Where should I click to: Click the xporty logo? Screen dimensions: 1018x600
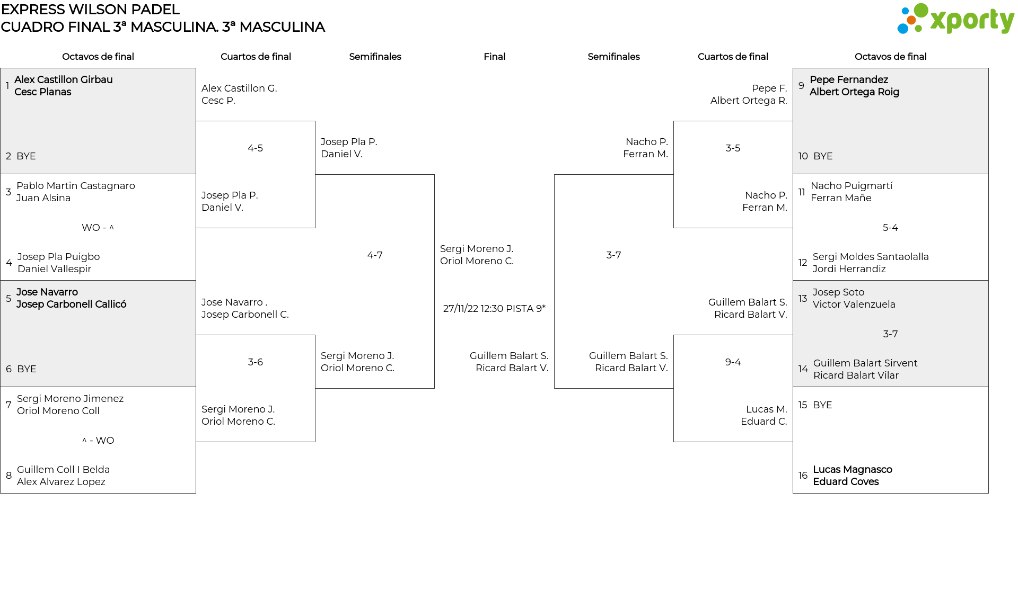click(x=955, y=19)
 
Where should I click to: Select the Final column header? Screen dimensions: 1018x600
click(x=494, y=57)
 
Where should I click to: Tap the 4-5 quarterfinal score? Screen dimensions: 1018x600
click(x=255, y=148)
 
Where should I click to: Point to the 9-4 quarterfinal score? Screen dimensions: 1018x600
click(x=733, y=362)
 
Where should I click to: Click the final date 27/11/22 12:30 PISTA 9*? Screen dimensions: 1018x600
click(x=494, y=309)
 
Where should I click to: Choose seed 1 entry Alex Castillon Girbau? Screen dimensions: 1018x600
click(x=63, y=80)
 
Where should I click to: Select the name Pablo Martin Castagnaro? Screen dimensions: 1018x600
click(x=76, y=186)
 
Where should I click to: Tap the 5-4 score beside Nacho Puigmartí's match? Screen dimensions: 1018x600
click(x=890, y=228)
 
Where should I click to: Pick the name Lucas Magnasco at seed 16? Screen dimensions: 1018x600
click(x=853, y=470)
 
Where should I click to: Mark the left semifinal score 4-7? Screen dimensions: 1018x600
click(x=375, y=255)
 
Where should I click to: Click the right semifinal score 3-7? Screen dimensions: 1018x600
click(x=613, y=255)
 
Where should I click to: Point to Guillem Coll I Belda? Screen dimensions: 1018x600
click(x=63, y=470)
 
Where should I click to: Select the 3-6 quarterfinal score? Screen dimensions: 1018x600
click(x=255, y=362)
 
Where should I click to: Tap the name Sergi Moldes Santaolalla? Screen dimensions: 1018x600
click(x=871, y=257)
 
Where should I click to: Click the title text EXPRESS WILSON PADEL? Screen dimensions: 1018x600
click(x=90, y=10)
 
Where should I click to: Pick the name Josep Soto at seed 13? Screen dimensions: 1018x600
click(x=838, y=292)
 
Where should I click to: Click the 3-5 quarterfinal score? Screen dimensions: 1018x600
click(x=733, y=148)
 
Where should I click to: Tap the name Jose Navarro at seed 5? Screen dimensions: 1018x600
click(x=47, y=292)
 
